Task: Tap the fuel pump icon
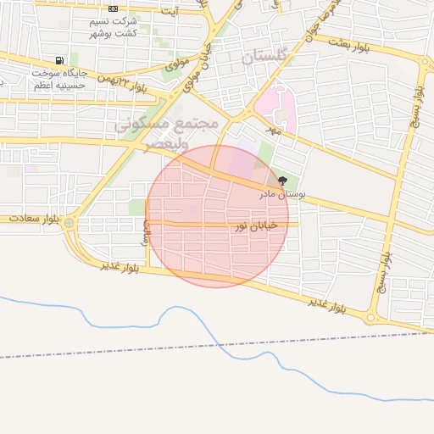click(59, 60)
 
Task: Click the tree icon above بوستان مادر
click(282, 181)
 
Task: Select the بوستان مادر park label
click(283, 194)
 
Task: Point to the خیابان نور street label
click(230, 226)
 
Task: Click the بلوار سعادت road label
click(35, 219)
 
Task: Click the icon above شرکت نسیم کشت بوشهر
click(113, 8)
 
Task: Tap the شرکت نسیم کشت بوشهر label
click(113, 26)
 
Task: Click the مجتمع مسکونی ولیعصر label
click(167, 134)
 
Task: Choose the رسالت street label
click(146, 231)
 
